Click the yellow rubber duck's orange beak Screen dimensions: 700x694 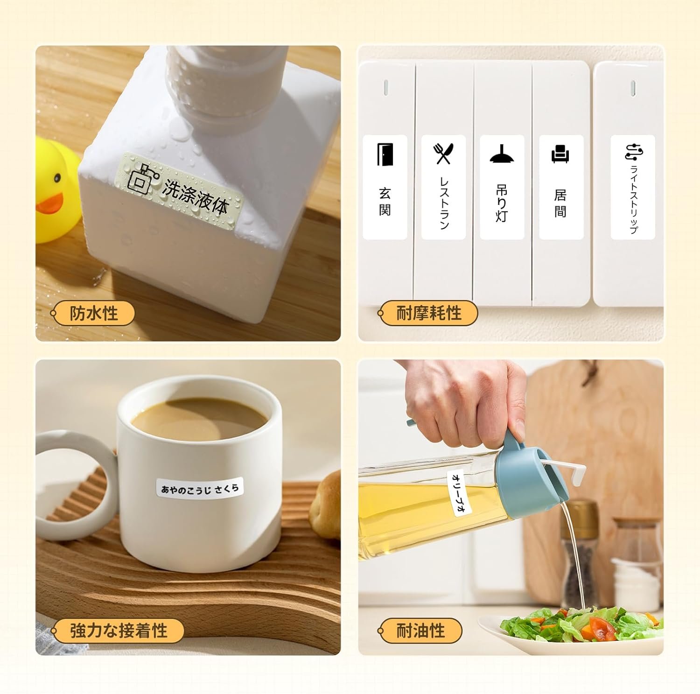point(49,203)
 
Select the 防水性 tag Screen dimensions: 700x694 point(93,313)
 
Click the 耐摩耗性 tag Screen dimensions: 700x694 point(428,313)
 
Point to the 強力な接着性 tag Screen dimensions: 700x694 point(118,631)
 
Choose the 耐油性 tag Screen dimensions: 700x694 point(420,631)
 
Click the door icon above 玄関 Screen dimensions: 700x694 point(385,154)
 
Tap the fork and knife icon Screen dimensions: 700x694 point(443,154)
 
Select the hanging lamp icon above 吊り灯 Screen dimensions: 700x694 point(502,154)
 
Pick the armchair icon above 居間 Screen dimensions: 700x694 point(560,154)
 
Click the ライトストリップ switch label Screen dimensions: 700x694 point(633,188)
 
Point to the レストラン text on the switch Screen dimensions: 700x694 point(444,203)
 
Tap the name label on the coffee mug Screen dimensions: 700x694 point(200,488)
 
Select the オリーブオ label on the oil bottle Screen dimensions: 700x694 point(459,493)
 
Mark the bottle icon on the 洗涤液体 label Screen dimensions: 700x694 point(141,177)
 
